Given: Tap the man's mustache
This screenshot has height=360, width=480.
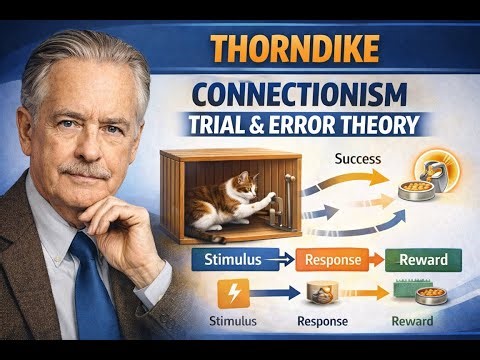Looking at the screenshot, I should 85,171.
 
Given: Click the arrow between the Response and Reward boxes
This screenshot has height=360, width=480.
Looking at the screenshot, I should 371,261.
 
